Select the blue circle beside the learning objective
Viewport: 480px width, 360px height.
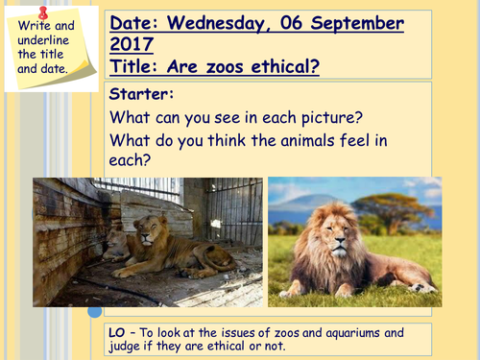(95, 311)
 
